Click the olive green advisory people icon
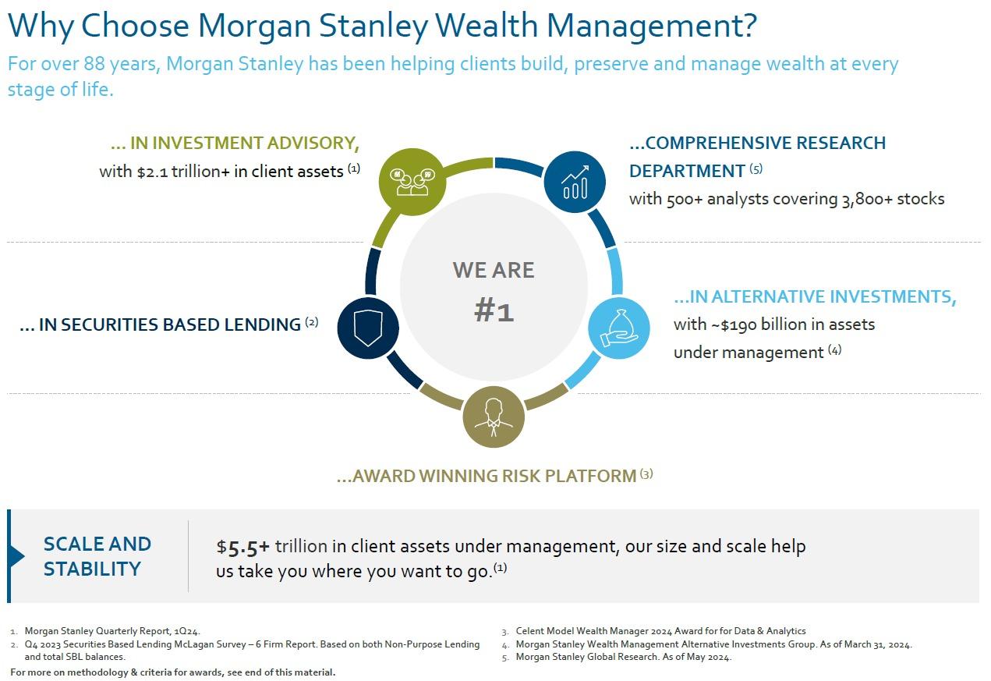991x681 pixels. [x=412, y=182]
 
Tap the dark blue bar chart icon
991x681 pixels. [x=575, y=182]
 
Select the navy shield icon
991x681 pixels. [x=368, y=328]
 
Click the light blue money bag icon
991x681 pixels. [x=619, y=328]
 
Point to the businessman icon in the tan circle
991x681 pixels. [x=494, y=417]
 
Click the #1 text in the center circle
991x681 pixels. [x=494, y=310]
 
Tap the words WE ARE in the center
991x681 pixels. [x=494, y=270]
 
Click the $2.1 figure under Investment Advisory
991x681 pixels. [x=152, y=172]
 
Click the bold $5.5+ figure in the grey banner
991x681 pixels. [x=243, y=547]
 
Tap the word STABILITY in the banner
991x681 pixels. [x=92, y=569]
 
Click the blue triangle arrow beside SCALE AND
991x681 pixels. [x=17, y=555]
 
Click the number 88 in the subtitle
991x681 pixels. [x=94, y=64]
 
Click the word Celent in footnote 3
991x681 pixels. [x=530, y=631]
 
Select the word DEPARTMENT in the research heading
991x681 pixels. [x=687, y=172]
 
